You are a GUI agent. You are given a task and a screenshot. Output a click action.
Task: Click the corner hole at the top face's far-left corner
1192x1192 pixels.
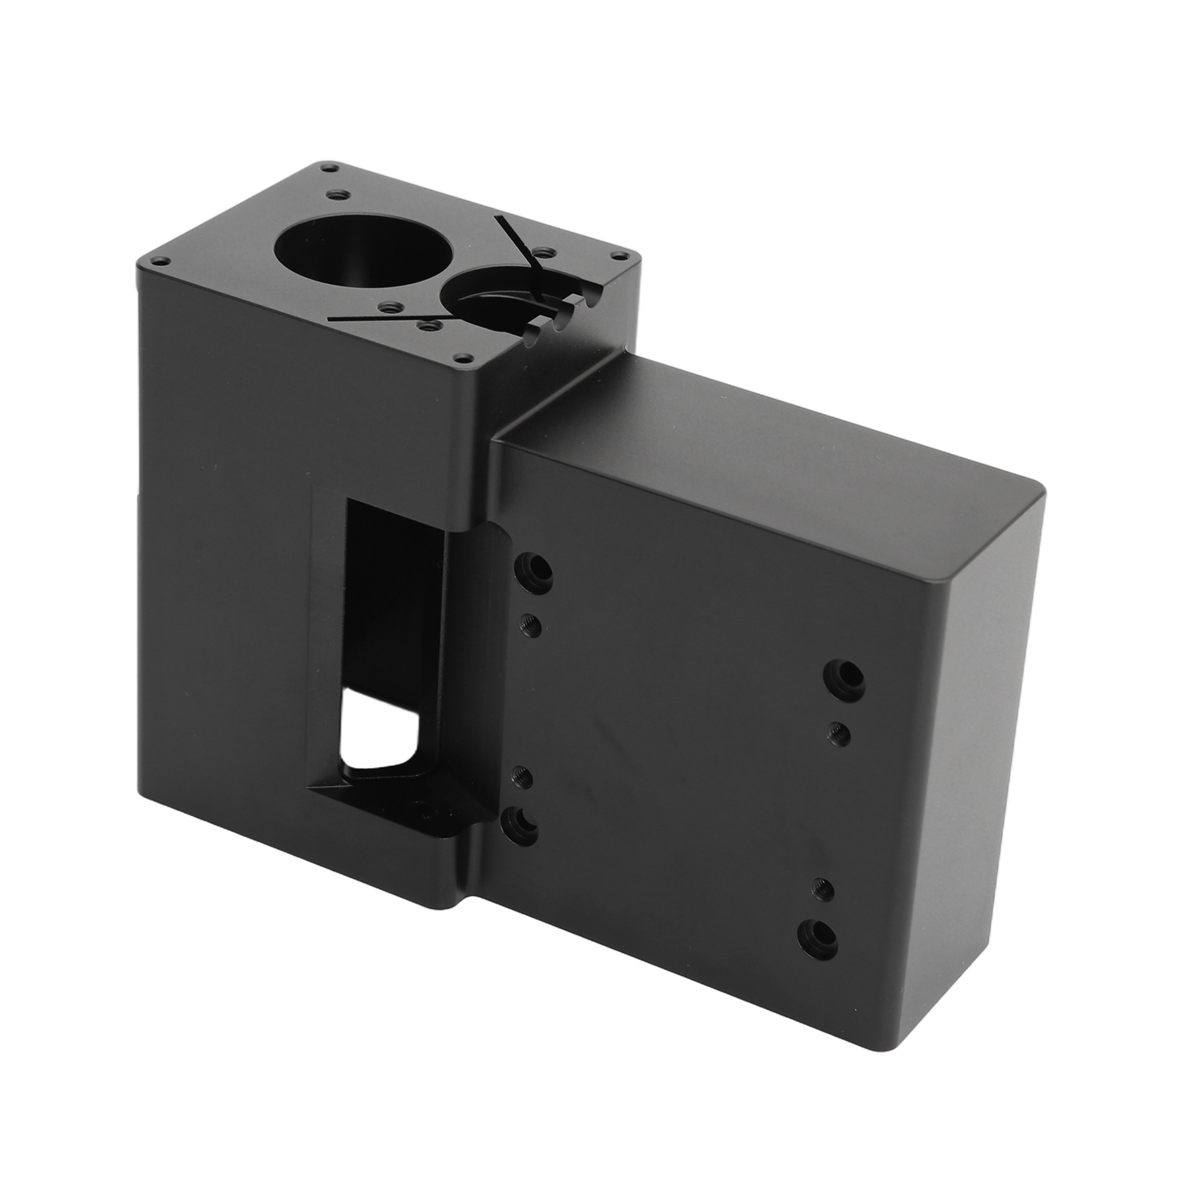click(x=160, y=260)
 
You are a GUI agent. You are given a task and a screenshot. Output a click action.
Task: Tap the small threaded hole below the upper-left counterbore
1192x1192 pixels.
click(x=531, y=625)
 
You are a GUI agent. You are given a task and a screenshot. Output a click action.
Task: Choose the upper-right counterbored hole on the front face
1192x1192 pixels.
click(x=845, y=674)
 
